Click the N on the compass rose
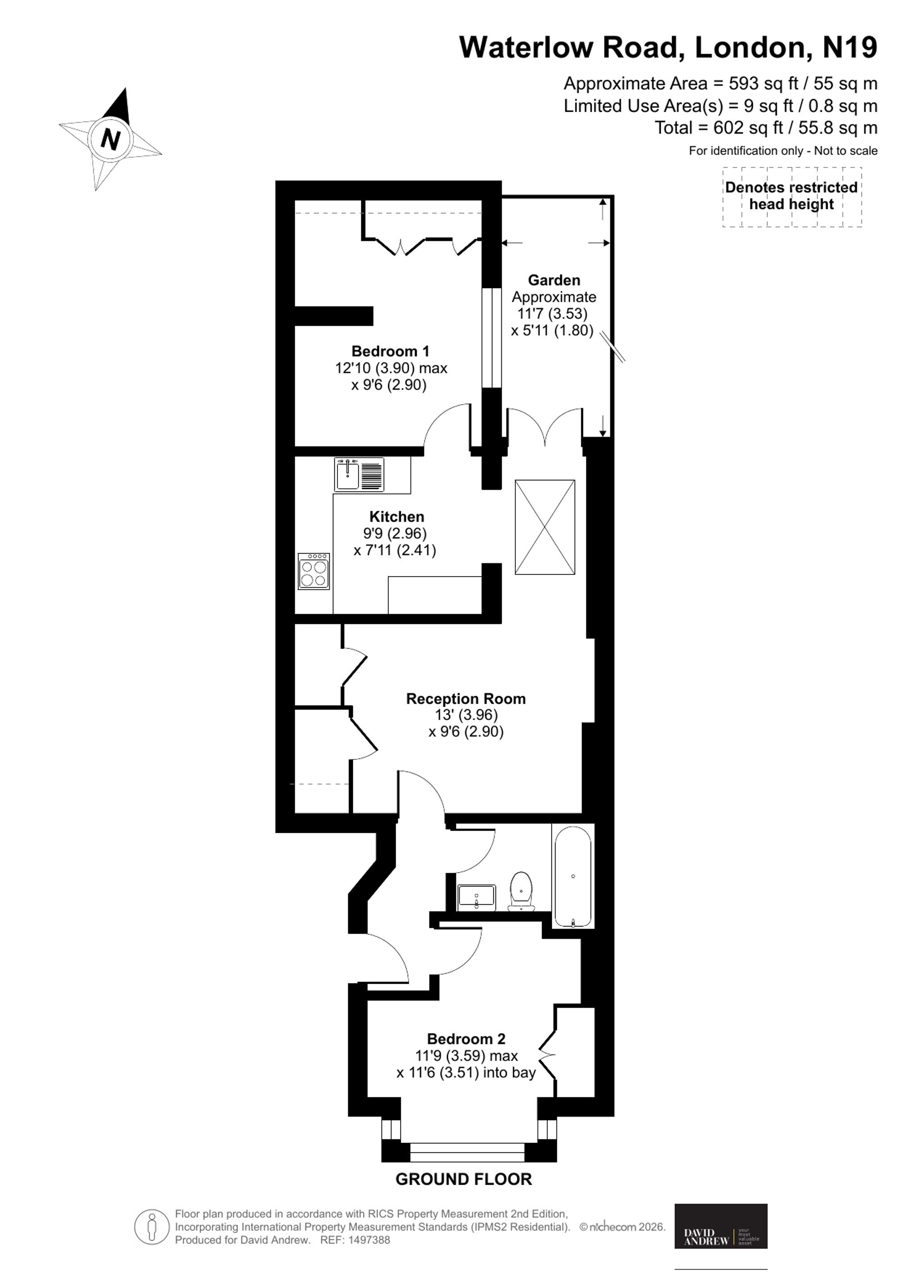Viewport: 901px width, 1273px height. pos(111,139)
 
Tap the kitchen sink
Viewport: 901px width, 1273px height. pos(359,474)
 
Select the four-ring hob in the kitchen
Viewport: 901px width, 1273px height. pos(314,571)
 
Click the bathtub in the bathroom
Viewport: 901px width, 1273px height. pos(573,876)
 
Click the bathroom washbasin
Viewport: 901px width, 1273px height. pos(477,898)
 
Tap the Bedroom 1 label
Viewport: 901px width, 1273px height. pos(391,351)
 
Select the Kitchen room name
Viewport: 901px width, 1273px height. pos(397,517)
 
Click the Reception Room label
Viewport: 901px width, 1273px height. pos(466,699)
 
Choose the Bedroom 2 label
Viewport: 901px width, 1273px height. pos(466,1039)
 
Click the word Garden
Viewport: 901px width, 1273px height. pos(554,280)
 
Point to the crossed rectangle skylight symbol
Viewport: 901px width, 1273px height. pos(545,527)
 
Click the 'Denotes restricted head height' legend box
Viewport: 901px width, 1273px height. pos(792,196)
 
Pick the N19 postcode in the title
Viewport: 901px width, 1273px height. pos(849,47)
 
